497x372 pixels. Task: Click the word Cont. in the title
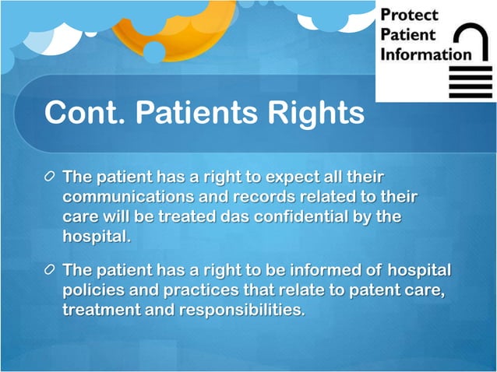85,113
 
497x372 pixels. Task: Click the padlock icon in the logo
470,63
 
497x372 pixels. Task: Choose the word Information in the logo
425,54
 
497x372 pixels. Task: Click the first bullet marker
50,178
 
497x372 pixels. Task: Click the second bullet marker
50,272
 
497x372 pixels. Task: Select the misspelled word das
242,217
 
